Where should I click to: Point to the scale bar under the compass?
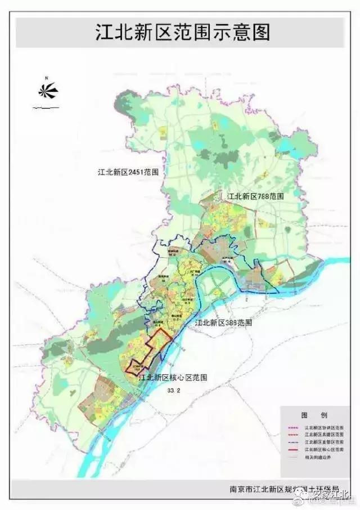click(x=46, y=106)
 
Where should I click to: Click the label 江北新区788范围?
click(x=255, y=196)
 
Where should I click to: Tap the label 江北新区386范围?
click(x=223, y=324)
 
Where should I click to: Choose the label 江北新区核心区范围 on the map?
click(x=173, y=378)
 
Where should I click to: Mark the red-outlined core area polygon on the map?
click(x=149, y=352)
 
